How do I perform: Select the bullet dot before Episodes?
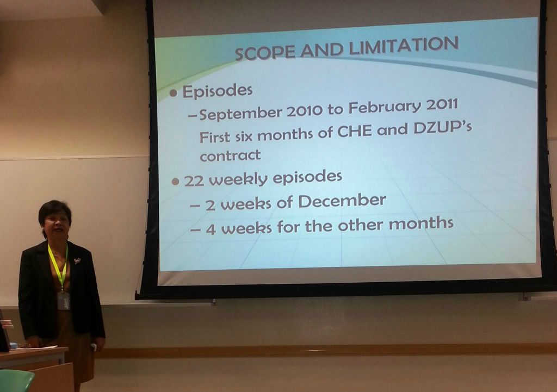click(174, 93)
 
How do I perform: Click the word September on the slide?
click(241, 114)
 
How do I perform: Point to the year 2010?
click(305, 111)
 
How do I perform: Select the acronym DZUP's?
click(443, 127)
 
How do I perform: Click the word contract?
click(230, 155)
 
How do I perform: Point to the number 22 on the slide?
click(194, 181)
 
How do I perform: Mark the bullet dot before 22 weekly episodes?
click(175, 182)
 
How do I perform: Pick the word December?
click(342, 201)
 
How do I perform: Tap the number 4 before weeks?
click(211, 229)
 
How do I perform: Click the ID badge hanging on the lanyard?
click(64, 301)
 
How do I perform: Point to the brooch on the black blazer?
click(77, 261)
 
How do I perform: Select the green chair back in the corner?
click(16, 381)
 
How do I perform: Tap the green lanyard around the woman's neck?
click(59, 266)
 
